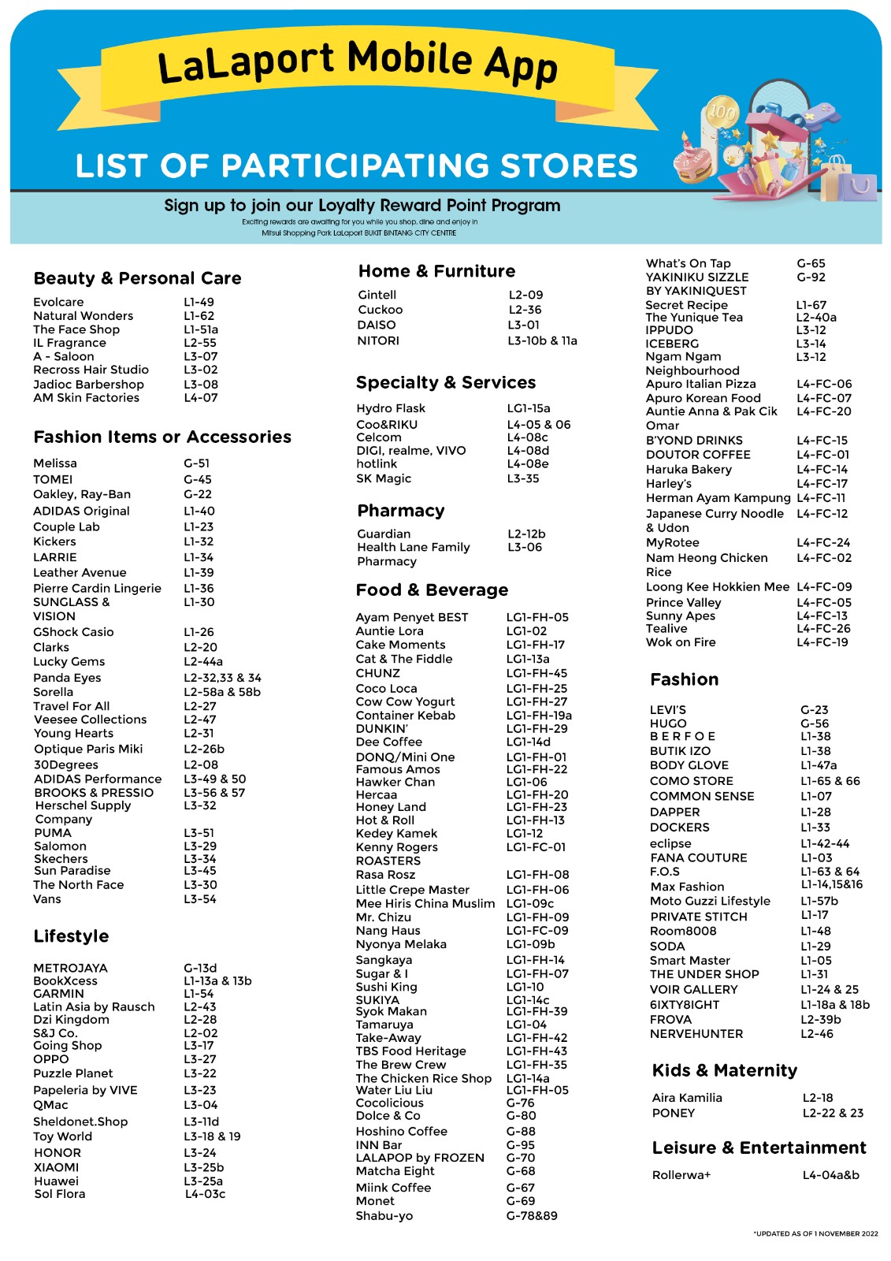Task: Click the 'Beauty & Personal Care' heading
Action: click(137, 278)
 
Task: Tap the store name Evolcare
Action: click(58, 302)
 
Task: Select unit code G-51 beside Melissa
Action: click(196, 463)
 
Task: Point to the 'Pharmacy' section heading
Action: click(400, 511)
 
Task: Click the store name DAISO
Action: click(377, 325)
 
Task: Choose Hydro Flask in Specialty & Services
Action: click(390, 408)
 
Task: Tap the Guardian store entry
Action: click(384, 534)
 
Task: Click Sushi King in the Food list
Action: click(386, 987)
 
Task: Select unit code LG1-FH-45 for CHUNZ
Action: click(536, 673)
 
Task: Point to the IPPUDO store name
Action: click(669, 330)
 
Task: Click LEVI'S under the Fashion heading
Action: click(667, 710)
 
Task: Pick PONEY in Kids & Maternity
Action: click(673, 1113)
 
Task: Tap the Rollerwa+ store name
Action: click(681, 1175)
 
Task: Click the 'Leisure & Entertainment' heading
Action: click(759, 1148)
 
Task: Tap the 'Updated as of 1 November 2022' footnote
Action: click(815, 1233)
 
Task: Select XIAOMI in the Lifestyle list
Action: click(56, 1167)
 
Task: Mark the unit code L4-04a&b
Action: click(830, 1175)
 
